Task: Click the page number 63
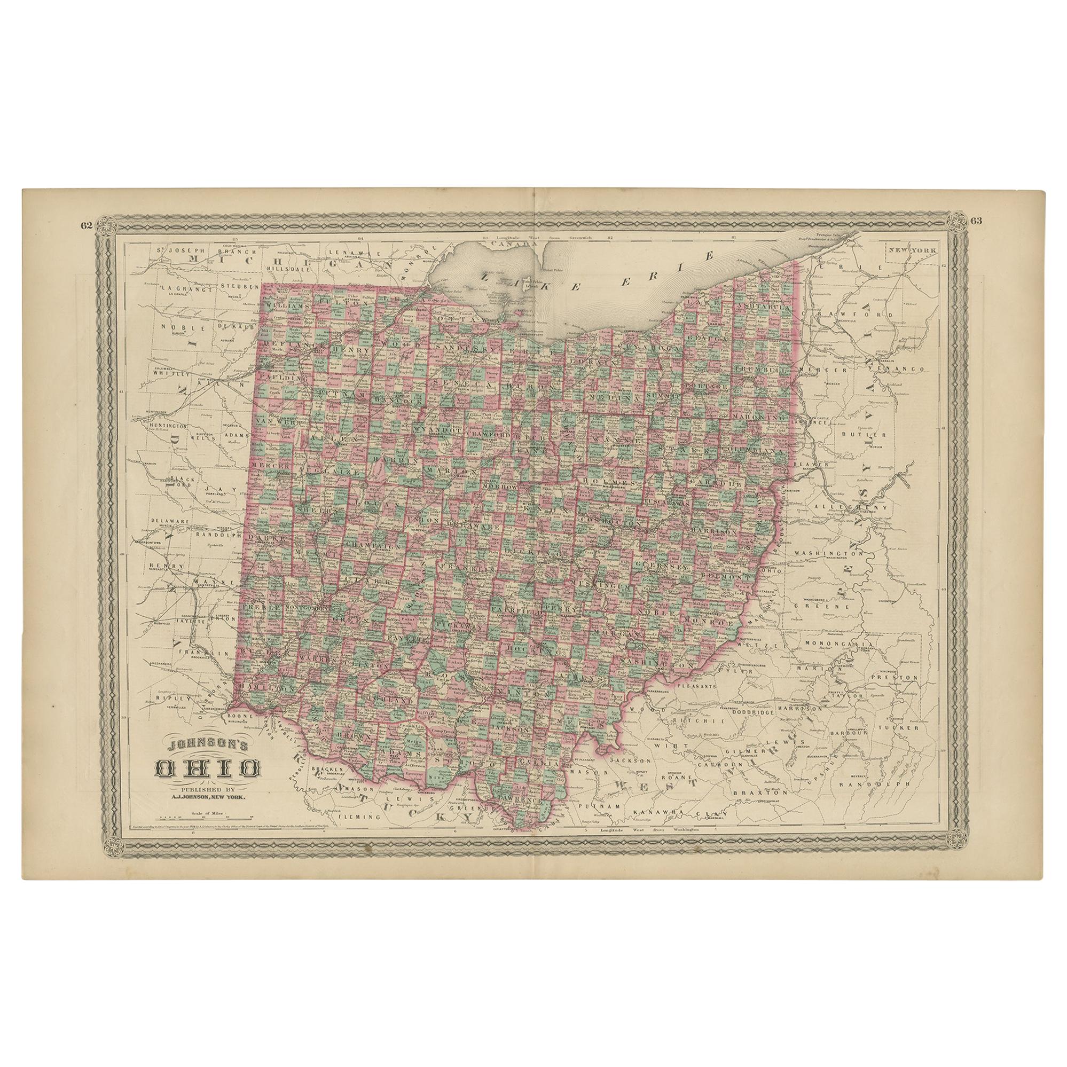click(976, 222)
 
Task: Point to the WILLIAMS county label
click(286, 305)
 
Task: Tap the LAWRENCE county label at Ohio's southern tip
click(522, 815)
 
